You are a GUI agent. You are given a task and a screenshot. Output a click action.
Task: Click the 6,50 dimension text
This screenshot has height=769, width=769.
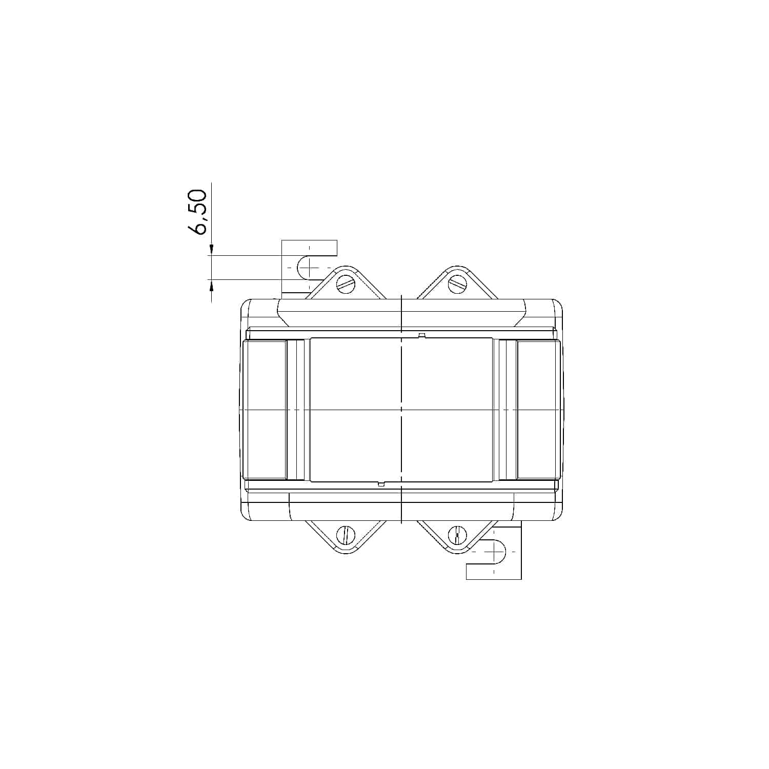tap(198, 212)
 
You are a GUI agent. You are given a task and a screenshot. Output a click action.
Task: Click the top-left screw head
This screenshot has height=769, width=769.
tap(346, 284)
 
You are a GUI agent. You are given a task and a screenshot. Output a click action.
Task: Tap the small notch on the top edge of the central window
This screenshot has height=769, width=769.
tap(422, 336)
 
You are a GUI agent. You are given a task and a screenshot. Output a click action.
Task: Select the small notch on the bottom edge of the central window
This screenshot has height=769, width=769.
tap(381, 483)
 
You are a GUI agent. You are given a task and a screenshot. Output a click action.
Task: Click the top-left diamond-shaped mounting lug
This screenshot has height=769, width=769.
tap(346, 282)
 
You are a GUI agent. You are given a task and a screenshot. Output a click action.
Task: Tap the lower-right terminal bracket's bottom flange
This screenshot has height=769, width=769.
tap(493, 572)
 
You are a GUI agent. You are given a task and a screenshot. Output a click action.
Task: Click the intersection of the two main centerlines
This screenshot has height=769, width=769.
tap(401, 410)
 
